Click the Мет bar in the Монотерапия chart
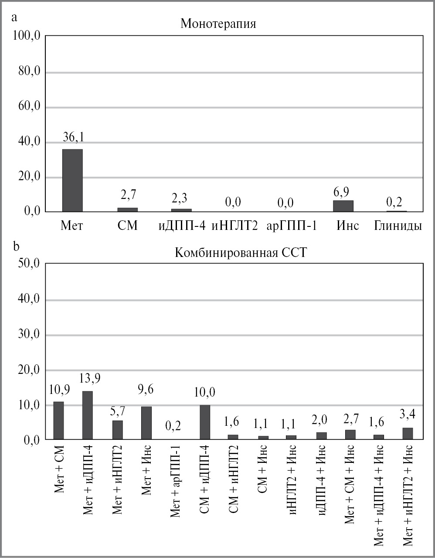pyautogui.click(x=72, y=181)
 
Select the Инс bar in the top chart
pyautogui.click(x=343, y=206)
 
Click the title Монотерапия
pyautogui.click(x=218, y=24)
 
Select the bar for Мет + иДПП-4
pyautogui.click(x=87, y=415)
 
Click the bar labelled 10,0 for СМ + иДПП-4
pyautogui.click(x=204, y=422)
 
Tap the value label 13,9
pyautogui.click(x=90, y=378)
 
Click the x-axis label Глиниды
pyautogui.click(x=398, y=226)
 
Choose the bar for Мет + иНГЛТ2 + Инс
pyautogui.click(x=408, y=434)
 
